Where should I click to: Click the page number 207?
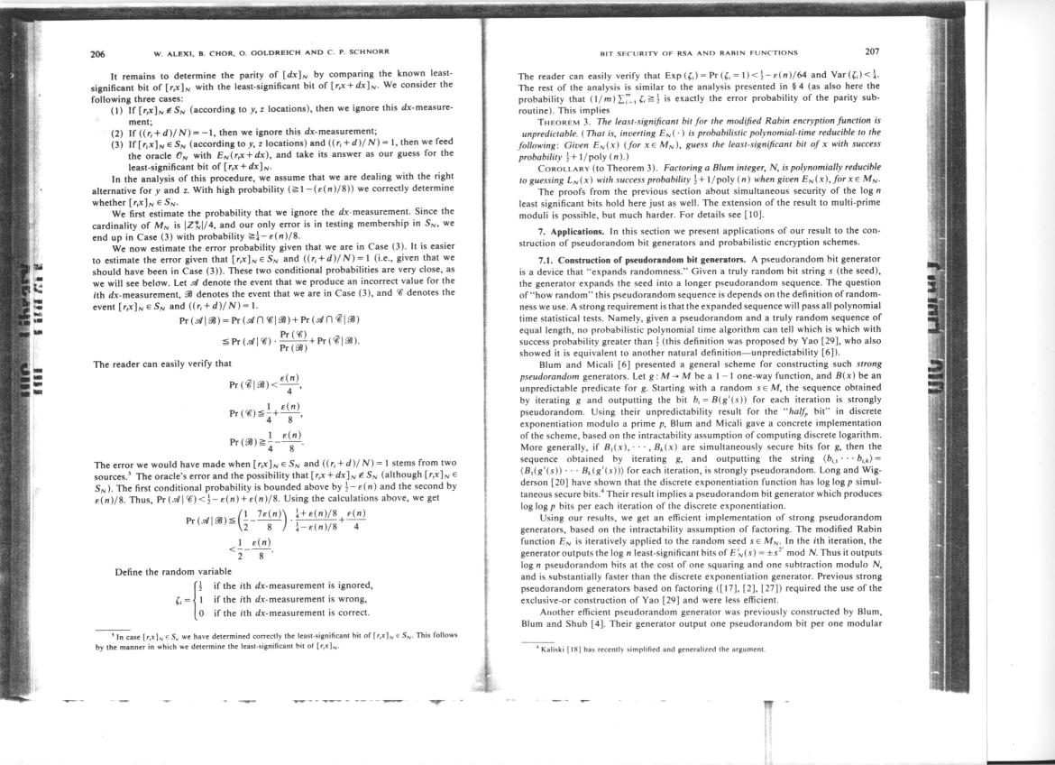click(872, 51)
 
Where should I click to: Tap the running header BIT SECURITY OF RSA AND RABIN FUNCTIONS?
click(692, 52)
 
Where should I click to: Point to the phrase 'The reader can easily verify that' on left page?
click(162, 364)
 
